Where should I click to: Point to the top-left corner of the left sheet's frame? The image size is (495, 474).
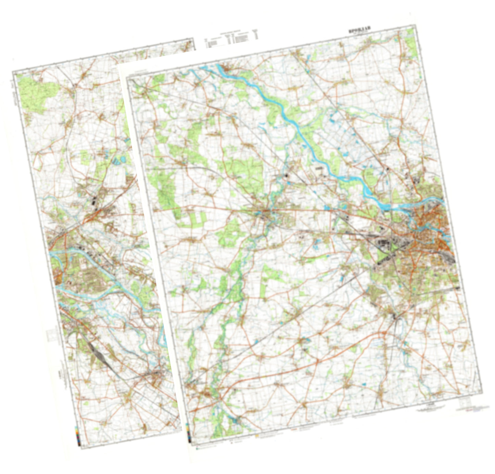point(13,72)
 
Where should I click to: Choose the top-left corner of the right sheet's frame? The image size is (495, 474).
point(127,78)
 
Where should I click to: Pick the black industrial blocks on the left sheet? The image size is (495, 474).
point(94,203)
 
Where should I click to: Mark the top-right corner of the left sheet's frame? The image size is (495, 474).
point(193,40)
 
